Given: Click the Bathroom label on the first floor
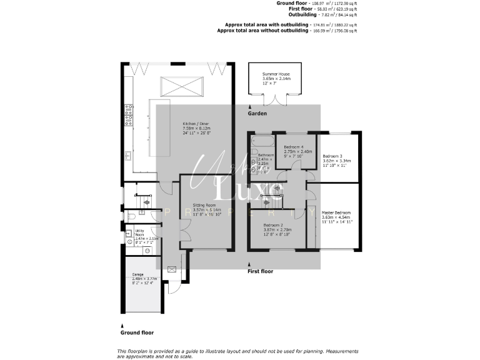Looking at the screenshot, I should (x=266, y=155).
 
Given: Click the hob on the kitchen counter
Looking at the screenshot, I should (x=129, y=114).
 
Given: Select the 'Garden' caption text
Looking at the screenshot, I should (x=257, y=114).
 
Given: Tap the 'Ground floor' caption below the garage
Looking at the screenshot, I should (x=137, y=332).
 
